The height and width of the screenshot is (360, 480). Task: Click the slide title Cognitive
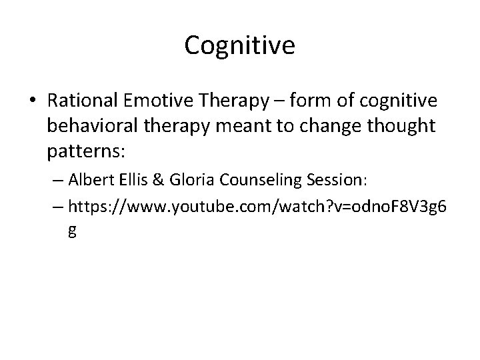[x=239, y=45]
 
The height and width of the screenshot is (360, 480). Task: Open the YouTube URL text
[x=254, y=209]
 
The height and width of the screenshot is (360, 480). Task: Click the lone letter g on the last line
[x=71, y=231]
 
